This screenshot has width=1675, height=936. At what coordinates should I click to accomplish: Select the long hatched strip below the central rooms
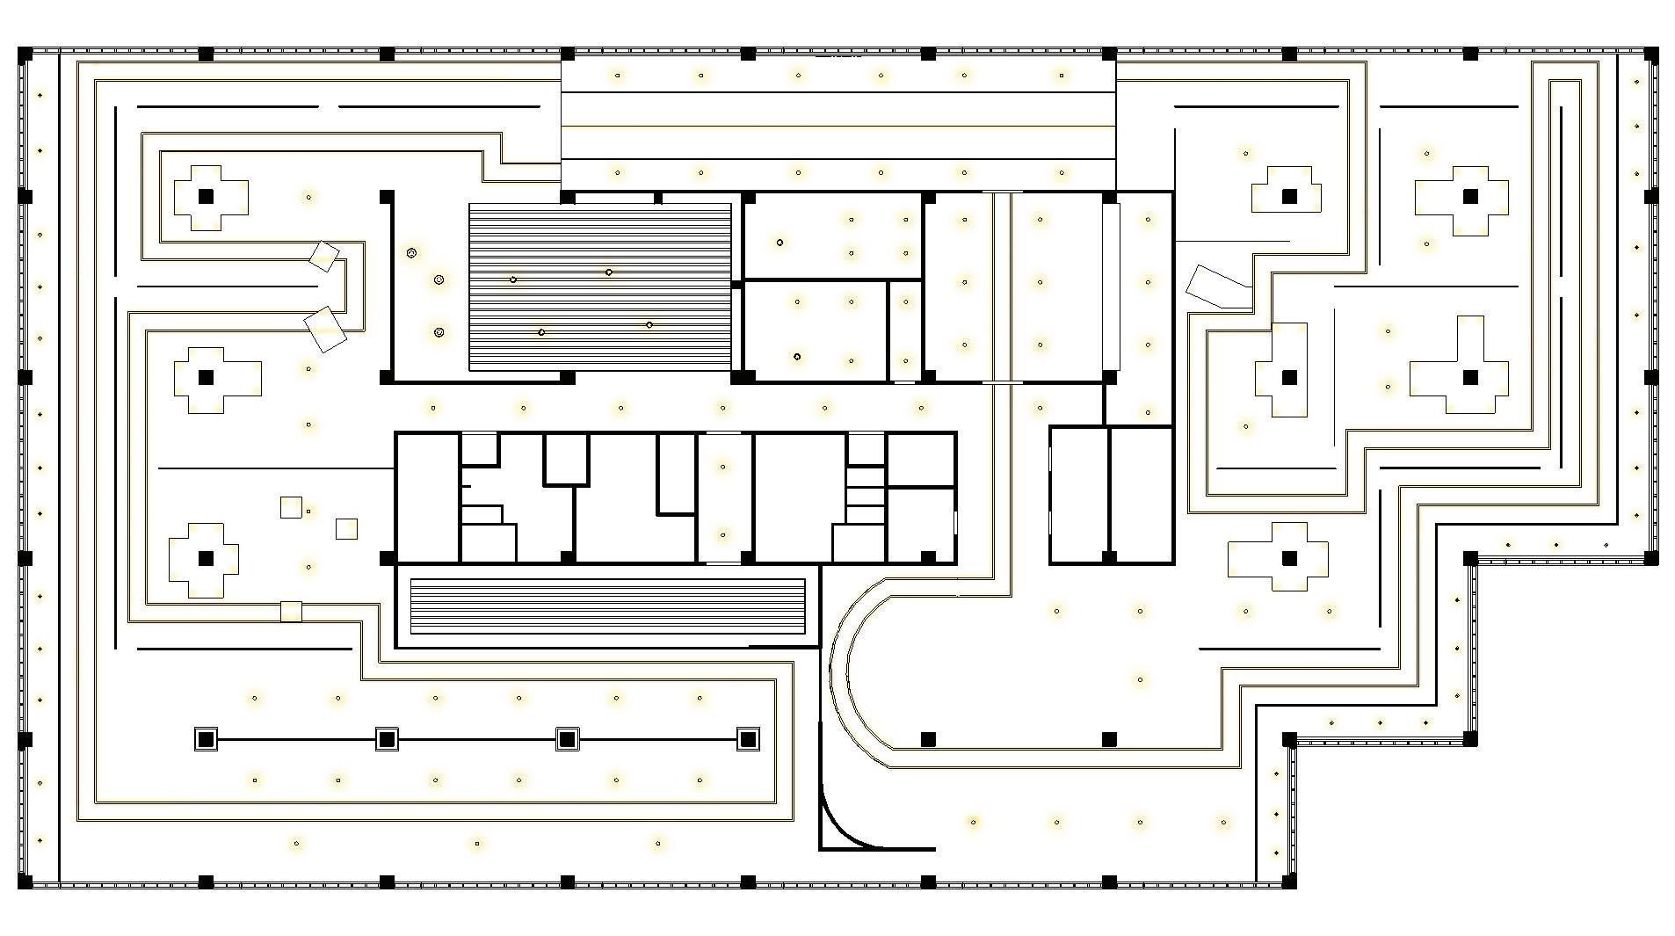tap(607, 606)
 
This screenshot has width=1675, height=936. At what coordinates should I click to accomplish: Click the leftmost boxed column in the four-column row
tap(206, 739)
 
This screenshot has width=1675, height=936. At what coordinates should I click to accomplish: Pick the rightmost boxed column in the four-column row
tap(748, 739)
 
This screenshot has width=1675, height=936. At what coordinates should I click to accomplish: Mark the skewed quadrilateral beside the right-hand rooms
tap(1218, 287)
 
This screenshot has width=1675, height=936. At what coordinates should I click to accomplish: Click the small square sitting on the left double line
tap(291, 611)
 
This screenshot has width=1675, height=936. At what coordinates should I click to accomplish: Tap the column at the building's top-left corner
tap(25, 54)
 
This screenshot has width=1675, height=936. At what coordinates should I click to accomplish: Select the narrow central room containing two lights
tap(724, 497)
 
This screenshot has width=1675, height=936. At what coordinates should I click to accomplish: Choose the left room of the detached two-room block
tap(1079, 494)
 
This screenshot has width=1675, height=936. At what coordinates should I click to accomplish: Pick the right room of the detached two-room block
tap(1142, 494)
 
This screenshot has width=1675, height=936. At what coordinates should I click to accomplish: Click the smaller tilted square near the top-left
tap(323, 257)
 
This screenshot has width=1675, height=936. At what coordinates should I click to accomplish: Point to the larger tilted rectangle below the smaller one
tap(325, 330)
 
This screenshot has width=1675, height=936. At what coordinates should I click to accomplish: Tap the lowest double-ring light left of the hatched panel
tap(439, 332)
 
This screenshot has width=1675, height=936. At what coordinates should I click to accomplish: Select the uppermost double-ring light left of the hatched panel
tap(411, 253)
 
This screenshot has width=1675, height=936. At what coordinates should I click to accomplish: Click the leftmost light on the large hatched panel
tap(513, 279)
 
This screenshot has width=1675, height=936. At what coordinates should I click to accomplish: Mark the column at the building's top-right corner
tap(1650, 54)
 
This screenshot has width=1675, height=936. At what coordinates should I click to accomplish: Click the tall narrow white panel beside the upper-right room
tap(1112, 286)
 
